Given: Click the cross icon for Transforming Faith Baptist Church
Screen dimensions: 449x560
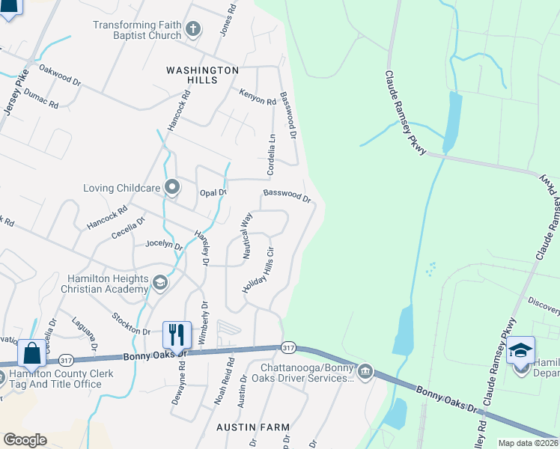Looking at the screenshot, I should tap(193, 30).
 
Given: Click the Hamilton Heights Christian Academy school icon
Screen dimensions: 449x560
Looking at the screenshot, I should tap(159, 283).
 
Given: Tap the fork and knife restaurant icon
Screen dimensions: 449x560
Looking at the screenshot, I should tap(177, 333).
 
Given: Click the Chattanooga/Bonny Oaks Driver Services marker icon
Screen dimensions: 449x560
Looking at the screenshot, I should tap(365, 371).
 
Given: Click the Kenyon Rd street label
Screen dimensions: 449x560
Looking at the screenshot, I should tap(258, 97).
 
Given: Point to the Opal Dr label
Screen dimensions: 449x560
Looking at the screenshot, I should tap(213, 192).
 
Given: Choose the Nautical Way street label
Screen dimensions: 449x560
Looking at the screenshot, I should tap(247, 236).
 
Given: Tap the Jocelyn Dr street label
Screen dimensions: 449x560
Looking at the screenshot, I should tap(164, 244).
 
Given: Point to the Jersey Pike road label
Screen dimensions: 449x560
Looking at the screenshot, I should tap(15, 92).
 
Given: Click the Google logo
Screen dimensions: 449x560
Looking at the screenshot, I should tap(25, 440).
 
